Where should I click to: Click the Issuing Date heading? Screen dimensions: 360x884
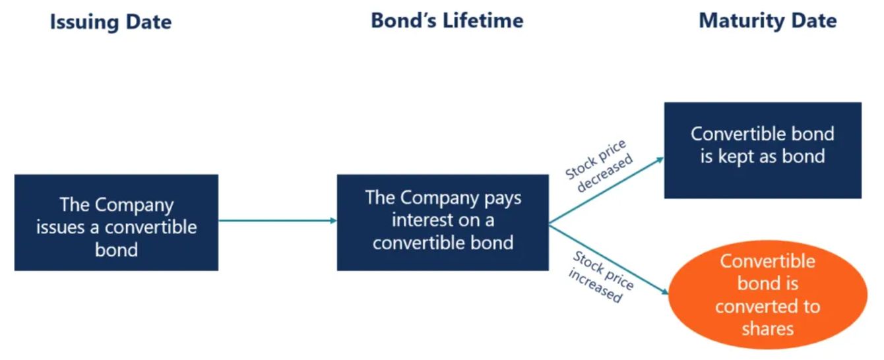[x=111, y=22]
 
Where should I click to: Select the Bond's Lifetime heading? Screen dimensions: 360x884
[x=447, y=20]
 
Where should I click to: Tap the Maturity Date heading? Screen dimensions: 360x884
[x=767, y=20]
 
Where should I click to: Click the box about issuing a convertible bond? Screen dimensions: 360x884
[x=116, y=222]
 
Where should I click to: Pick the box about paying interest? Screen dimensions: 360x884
[x=443, y=222]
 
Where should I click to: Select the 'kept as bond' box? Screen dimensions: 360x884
[x=763, y=150]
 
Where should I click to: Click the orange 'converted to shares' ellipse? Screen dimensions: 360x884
[x=767, y=294]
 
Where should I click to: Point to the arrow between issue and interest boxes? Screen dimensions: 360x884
[x=277, y=220]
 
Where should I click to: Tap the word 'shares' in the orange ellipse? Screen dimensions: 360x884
[x=767, y=328]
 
